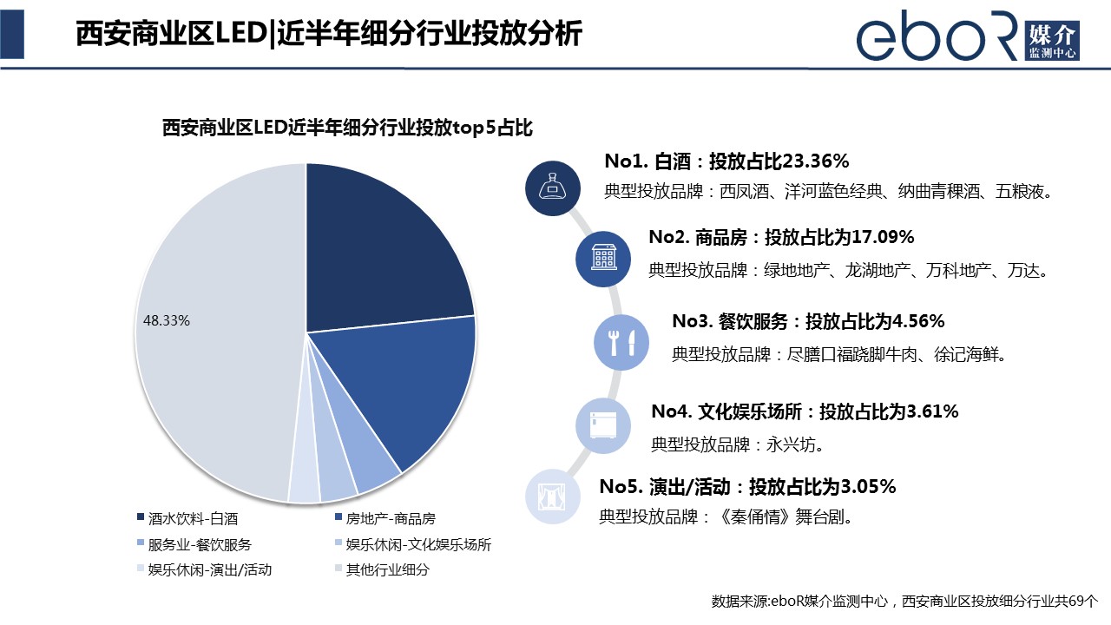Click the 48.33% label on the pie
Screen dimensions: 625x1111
tap(167, 320)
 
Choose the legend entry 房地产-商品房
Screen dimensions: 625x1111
tap(390, 519)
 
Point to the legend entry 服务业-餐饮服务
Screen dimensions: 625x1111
tap(200, 545)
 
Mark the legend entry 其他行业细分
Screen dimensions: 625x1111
tap(387, 570)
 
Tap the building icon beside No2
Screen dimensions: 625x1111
tap(604, 258)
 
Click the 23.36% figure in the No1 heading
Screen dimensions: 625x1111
tap(815, 161)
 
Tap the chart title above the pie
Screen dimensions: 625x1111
tap(347, 128)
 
